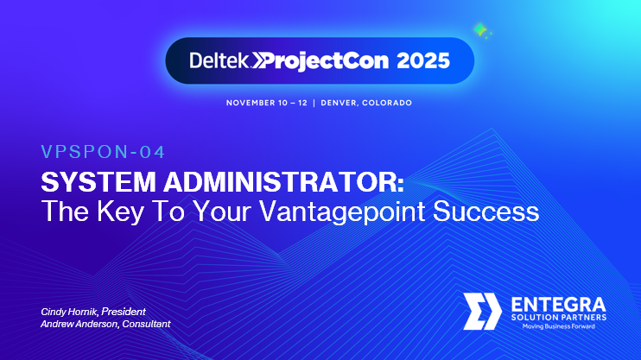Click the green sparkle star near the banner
tap(481, 32)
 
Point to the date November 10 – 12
tap(269, 103)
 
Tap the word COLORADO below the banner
tap(387, 103)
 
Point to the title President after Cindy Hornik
tap(124, 311)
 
